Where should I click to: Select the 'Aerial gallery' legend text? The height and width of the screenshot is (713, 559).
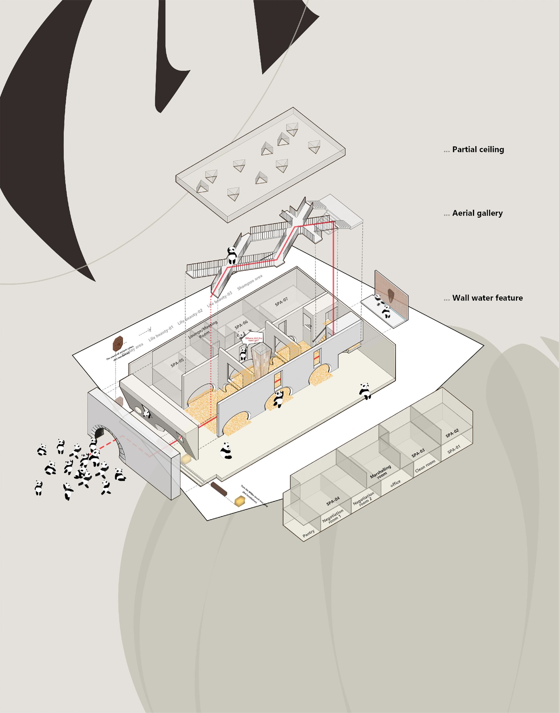pos(477,213)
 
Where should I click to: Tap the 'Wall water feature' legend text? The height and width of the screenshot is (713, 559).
pos(487,298)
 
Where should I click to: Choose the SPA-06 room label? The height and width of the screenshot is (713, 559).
pos(241,324)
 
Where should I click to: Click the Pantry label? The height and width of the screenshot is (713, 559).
pos(309,533)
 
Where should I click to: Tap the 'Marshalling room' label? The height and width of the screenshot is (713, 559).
pos(381,472)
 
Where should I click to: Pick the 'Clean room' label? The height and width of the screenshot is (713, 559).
pos(425,466)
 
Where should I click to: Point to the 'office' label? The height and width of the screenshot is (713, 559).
pos(395,483)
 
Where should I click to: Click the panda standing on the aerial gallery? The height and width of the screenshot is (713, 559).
pos(232,255)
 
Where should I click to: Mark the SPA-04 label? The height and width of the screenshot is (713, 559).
pos(333,501)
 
